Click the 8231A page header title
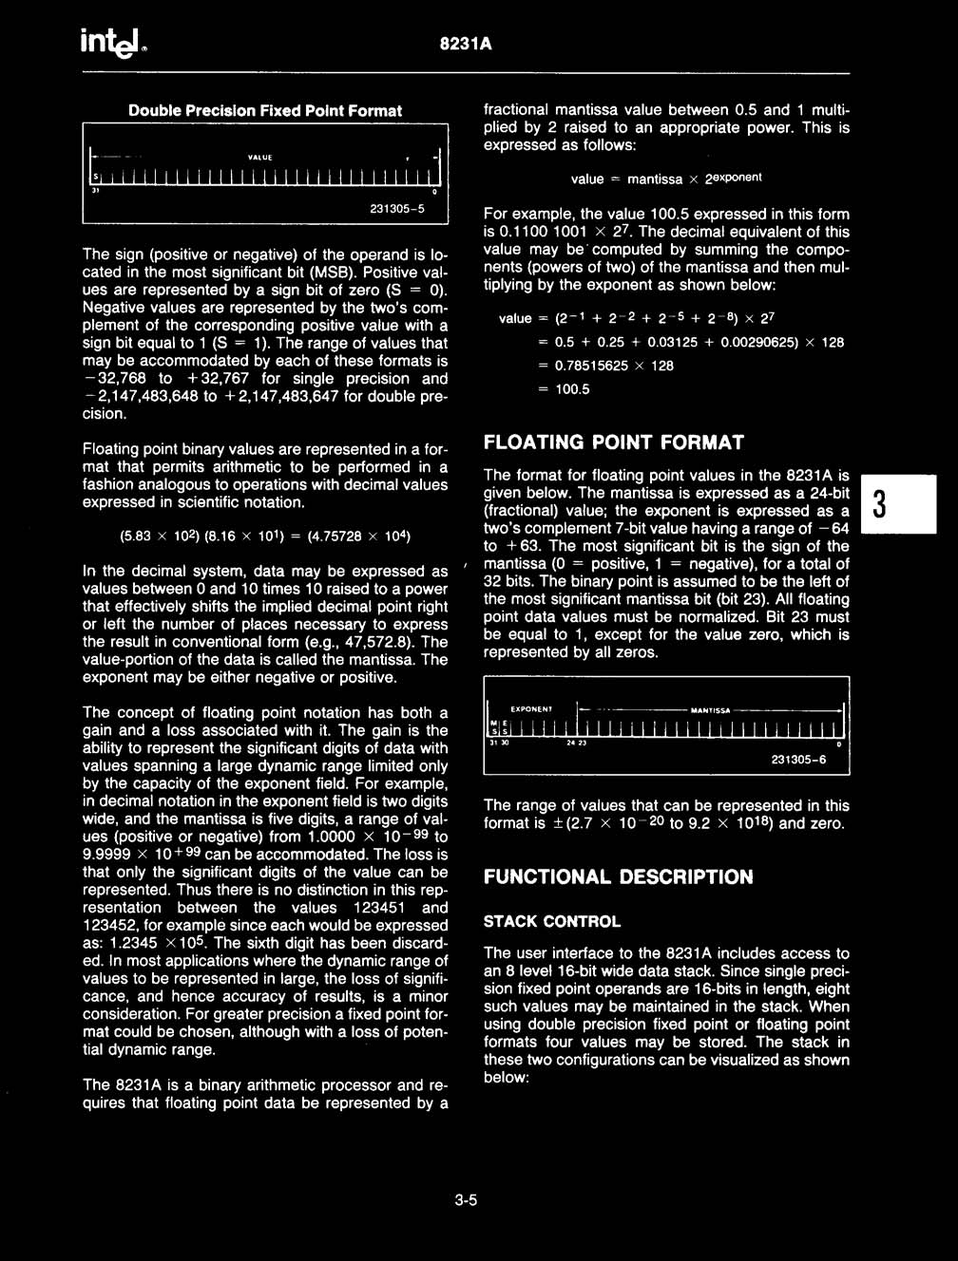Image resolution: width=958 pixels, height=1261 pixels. tap(467, 45)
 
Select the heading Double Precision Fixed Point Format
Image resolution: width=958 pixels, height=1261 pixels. tap(265, 111)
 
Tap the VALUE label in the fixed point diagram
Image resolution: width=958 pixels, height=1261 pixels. tap(259, 158)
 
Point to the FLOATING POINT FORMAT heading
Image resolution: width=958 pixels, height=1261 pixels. tap(614, 442)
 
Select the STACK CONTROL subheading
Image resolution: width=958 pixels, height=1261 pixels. tap(551, 922)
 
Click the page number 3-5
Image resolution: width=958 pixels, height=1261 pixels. tap(465, 1200)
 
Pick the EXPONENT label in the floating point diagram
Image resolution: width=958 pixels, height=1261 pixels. tap(530, 709)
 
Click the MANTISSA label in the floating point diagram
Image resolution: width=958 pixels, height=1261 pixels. tap(710, 710)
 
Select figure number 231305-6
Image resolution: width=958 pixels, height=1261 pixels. tap(798, 760)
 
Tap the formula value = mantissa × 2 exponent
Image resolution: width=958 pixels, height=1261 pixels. tap(665, 179)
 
